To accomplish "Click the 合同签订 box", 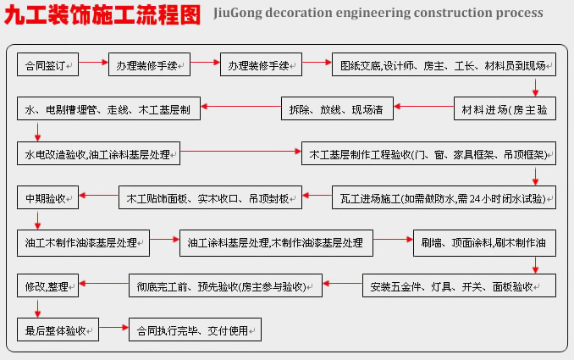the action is [x=47, y=64].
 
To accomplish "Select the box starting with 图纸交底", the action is [x=444, y=64].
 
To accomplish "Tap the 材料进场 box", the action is [x=505, y=108].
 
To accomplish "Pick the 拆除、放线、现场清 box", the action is [x=337, y=108].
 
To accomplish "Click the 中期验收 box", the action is [x=47, y=197].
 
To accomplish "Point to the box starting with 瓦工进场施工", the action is [x=444, y=197].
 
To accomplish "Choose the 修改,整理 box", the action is [x=47, y=285].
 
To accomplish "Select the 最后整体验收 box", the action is [x=58, y=330].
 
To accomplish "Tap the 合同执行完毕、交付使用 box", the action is [x=195, y=330].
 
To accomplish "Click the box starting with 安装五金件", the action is [x=459, y=285].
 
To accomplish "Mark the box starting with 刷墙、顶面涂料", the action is [x=484, y=243].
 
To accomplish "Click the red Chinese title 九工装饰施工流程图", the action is [x=102, y=14].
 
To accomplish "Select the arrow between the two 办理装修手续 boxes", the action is [x=205, y=62].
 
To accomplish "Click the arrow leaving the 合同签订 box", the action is [x=93, y=62].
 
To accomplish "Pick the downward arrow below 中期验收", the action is [x=37, y=219].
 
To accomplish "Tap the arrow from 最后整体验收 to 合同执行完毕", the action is [x=113, y=327].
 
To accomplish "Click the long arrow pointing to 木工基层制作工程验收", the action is [x=240, y=151].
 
